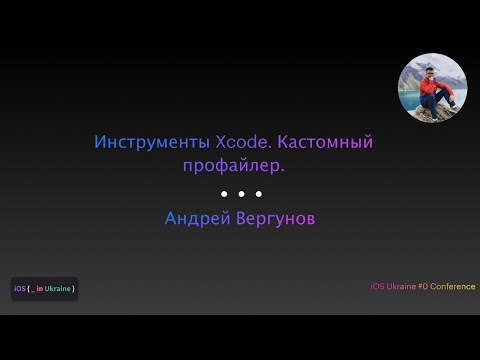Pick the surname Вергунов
coord(274,217)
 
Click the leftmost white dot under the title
coord(223,193)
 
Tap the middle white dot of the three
coord(240,193)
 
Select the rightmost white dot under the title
coord(258,193)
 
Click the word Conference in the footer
coord(453,287)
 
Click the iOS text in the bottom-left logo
coord(20,289)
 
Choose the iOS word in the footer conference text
coord(376,287)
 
